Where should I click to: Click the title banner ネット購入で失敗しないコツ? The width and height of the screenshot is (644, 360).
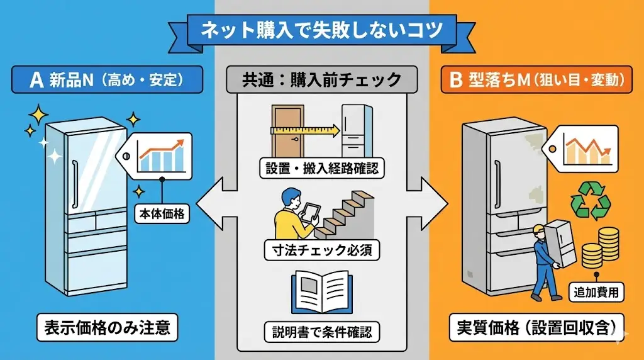point(321,30)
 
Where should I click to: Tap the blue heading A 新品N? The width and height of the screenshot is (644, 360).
point(107,80)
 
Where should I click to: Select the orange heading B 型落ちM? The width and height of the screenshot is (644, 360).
point(536,80)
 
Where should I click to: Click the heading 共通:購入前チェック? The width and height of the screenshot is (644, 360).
point(321,80)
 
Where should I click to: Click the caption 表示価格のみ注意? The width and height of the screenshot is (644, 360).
point(107,327)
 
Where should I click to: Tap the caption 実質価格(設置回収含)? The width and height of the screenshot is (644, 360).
point(536,327)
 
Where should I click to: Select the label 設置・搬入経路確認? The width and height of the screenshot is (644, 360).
point(321,168)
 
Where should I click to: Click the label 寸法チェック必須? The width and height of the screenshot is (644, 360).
point(321,250)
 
